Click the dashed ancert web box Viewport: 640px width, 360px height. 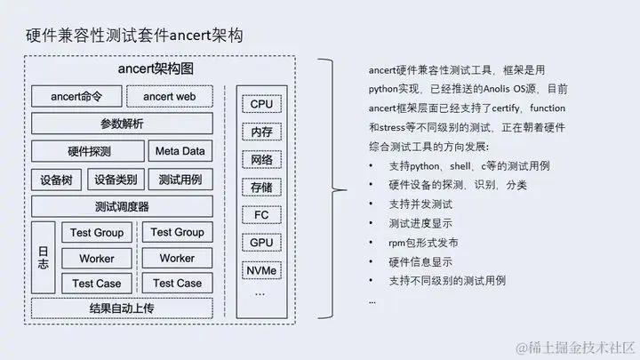[x=169, y=95]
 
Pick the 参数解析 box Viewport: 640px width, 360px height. [x=122, y=123]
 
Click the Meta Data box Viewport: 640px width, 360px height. [x=180, y=151]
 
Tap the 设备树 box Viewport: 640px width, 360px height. [x=56, y=179]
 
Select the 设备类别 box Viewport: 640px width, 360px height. [x=116, y=179]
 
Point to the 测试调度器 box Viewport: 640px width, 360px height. [x=122, y=206]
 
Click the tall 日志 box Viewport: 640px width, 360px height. [x=44, y=258]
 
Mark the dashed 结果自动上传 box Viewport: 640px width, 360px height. [x=122, y=308]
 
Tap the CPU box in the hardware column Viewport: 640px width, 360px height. [x=261, y=103]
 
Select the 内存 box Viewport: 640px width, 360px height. [x=261, y=132]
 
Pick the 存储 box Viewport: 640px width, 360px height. [x=261, y=188]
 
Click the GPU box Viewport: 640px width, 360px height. [x=261, y=242]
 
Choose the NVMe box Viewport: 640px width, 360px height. [x=261, y=269]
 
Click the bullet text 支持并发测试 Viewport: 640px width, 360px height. [x=420, y=204]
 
